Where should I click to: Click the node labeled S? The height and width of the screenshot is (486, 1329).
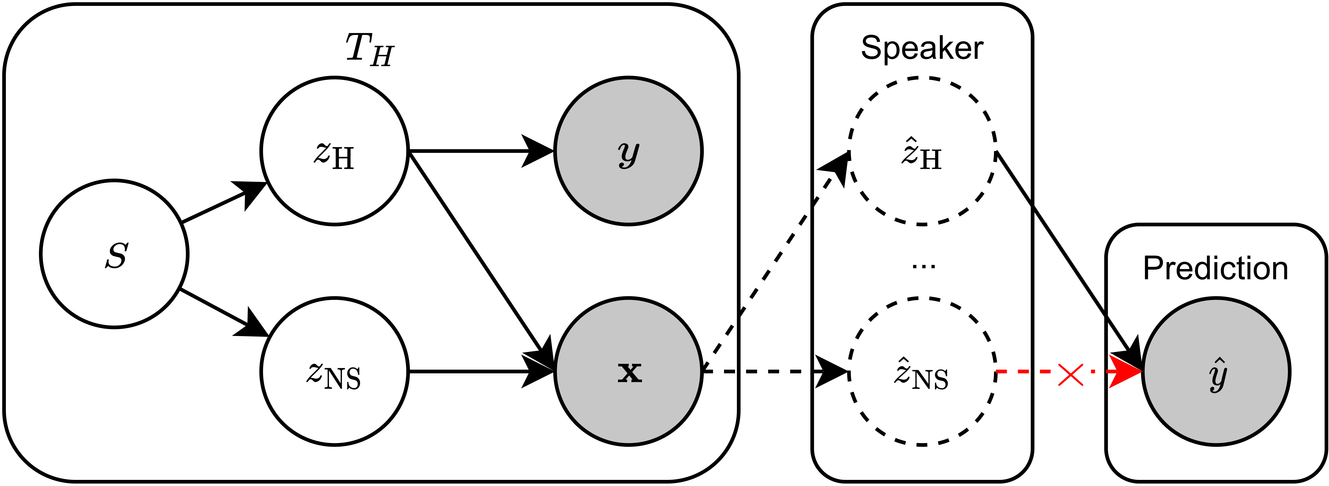[x=114, y=254]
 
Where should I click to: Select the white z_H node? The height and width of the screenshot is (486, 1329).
[x=334, y=151]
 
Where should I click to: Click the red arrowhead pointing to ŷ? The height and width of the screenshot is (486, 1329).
[x=1125, y=371]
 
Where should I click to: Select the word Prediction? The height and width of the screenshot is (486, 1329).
[x=1215, y=268]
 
